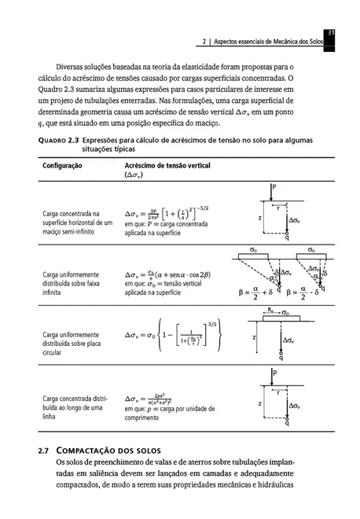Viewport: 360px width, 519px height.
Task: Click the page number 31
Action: (331, 31)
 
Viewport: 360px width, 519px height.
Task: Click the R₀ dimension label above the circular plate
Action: (270, 311)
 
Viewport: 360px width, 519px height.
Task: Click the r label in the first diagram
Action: (277, 208)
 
